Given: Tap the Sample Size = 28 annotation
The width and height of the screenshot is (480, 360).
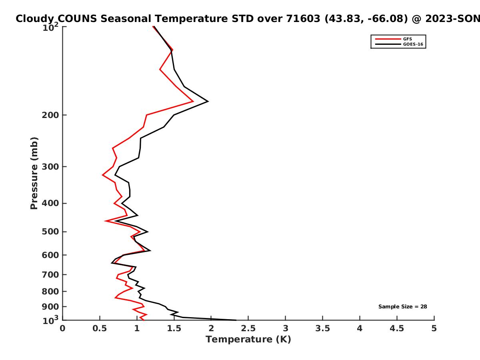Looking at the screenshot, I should pos(402,307).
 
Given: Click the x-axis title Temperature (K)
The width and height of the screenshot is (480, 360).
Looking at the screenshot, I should pos(248,340).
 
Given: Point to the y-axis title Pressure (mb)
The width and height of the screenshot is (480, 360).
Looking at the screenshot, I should pos(34,173).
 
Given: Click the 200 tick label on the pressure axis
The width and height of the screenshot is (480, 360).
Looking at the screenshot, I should pos(49,115).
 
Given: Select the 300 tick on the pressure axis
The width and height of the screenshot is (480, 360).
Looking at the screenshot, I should pos(49,166).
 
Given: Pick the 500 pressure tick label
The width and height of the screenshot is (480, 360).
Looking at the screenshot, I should pos(49,232).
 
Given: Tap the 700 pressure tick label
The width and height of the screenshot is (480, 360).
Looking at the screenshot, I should pos(49,275).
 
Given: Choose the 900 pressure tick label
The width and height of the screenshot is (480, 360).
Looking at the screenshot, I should pos(49,307).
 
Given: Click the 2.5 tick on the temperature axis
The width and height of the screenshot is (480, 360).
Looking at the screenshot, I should pos(248,328).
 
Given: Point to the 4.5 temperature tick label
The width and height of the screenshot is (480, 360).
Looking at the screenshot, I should pos(397,328).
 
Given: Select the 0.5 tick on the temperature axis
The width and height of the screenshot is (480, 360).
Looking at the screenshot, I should pos(100,328).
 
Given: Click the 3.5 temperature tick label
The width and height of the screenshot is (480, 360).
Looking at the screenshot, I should pos(322,328).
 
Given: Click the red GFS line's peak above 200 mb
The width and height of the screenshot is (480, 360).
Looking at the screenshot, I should pos(193,102).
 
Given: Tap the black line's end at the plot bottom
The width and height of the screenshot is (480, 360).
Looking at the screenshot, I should pos(236,320).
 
